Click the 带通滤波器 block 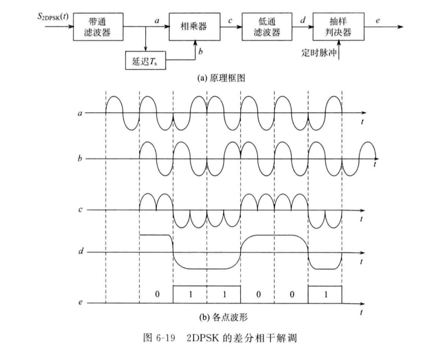[98, 27]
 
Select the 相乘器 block [194, 27]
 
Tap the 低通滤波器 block [267, 27]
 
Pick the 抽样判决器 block [338, 27]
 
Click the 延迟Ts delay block [145, 60]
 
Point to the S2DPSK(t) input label [53, 17]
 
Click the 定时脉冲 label [319, 53]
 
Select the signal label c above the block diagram [231, 20]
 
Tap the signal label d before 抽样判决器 [303, 20]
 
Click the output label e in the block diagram [378, 20]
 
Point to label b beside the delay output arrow [200, 51]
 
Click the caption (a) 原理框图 [221, 78]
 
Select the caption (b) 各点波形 [223, 318]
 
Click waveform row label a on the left [80, 114]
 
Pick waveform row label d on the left [81, 251]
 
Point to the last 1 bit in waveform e [326, 295]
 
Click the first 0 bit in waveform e [157, 295]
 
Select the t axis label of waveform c [362, 219]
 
